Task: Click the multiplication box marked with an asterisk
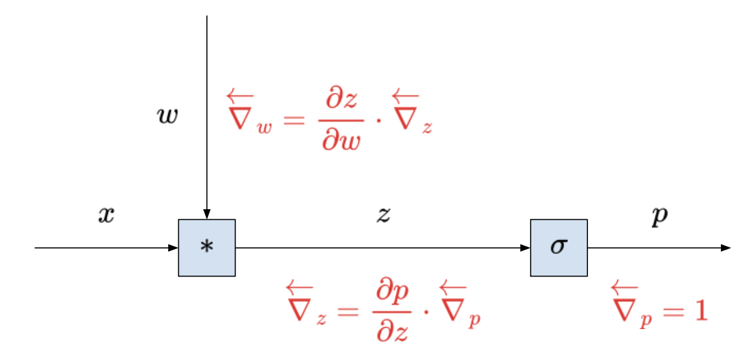tap(206, 247)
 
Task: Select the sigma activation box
tap(558, 247)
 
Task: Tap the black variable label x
tap(106, 215)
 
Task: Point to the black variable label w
tap(166, 116)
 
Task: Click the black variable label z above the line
tap(383, 215)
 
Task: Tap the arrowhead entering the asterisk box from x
tap(174, 247)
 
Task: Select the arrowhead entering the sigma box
tap(526, 247)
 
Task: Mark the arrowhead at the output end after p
tap(726, 247)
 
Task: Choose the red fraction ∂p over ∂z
tap(392, 313)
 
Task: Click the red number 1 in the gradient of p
tap(700, 311)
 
